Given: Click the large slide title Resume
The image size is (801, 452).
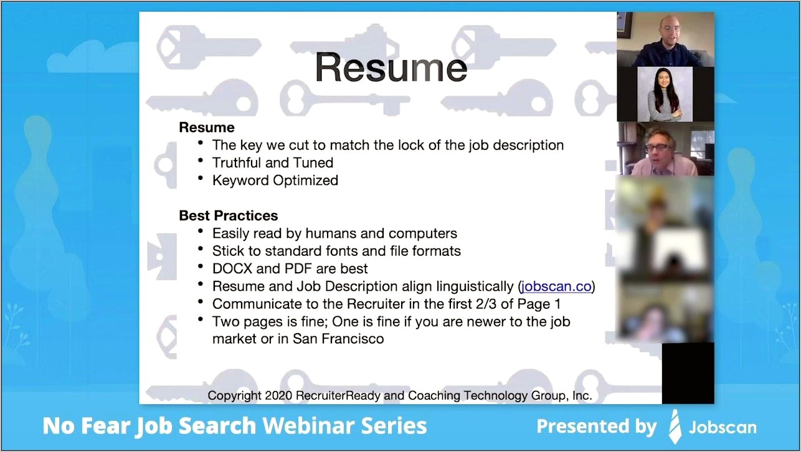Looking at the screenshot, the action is click(391, 67).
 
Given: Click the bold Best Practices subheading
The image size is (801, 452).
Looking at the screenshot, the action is click(228, 215).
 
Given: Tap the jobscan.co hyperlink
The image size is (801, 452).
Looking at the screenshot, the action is click(556, 286).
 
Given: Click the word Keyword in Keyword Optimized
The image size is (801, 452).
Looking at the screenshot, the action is click(240, 181).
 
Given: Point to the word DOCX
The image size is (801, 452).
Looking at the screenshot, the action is click(232, 268).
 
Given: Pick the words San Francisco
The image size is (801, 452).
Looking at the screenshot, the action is click(338, 338).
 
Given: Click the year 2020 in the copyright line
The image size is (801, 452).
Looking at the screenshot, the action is click(278, 395).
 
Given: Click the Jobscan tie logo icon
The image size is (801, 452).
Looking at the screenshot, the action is click(675, 426).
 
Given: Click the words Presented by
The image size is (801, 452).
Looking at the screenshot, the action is click(597, 426).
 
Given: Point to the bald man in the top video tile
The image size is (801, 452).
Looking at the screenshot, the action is click(666, 40).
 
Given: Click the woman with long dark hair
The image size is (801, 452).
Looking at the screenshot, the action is click(665, 95).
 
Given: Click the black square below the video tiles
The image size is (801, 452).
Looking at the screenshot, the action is click(688, 373).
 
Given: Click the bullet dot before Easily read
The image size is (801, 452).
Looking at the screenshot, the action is click(201, 231).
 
